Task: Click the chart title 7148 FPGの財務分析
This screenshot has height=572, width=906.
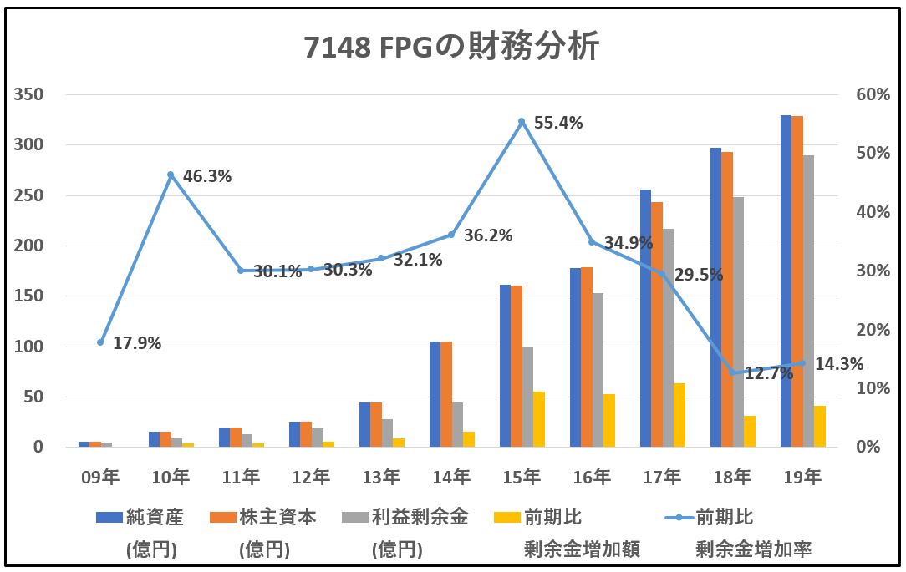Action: click(x=452, y=48)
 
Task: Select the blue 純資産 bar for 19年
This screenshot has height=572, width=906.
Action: click(x=786, y=281)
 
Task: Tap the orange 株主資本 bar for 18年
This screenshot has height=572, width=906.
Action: click(x=727, y=300)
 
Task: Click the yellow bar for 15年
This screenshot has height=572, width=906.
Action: click(x=539, y=419)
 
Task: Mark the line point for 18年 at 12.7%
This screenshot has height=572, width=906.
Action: click(x=732, y=372)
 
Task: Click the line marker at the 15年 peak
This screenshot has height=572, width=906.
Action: click(x=522, y=122)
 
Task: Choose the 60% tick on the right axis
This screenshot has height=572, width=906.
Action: click(x=873, y=94)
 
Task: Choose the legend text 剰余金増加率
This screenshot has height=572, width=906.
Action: click(x=754, y=549)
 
